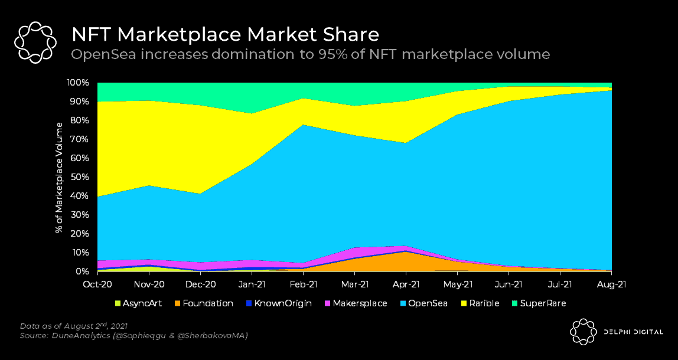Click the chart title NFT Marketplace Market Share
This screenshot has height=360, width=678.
[225, 33]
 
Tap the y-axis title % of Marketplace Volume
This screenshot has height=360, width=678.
[59, 178]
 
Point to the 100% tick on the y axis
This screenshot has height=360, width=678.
[77, 83]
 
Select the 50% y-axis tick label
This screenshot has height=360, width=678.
[79, 177]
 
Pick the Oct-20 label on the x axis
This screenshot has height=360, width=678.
[97, 284]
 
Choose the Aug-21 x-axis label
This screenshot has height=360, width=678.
[611, 284]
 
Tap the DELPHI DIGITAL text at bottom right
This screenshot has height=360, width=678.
[633, 332]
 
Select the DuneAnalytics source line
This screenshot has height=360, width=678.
[133, 336]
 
